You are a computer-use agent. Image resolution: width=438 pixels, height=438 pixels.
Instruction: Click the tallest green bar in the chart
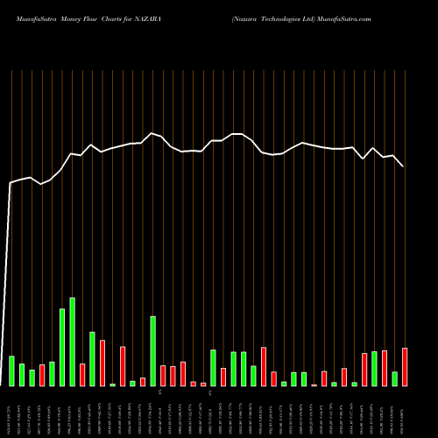(72, 342)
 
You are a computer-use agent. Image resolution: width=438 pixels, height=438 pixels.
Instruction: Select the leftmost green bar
(11, 371)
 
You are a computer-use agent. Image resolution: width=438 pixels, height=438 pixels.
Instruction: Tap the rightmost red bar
(405, 367)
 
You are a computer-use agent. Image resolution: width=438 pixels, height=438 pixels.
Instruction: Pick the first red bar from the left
(42, 375)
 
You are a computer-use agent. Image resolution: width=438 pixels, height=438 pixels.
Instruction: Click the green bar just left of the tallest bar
(62, 347)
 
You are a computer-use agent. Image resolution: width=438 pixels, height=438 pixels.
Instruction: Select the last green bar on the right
(395, 378)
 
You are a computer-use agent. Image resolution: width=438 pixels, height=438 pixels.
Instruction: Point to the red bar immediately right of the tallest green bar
(82, 375)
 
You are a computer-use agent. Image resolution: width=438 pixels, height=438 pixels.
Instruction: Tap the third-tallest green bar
(152, 350)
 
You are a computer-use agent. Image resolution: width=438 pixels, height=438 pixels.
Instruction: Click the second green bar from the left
(22, 374)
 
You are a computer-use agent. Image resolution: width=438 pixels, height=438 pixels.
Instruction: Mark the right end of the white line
(403, 166)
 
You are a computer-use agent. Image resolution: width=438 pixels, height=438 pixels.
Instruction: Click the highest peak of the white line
(152, 133)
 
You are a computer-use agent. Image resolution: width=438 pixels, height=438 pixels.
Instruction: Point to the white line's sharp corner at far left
(11, 183)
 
